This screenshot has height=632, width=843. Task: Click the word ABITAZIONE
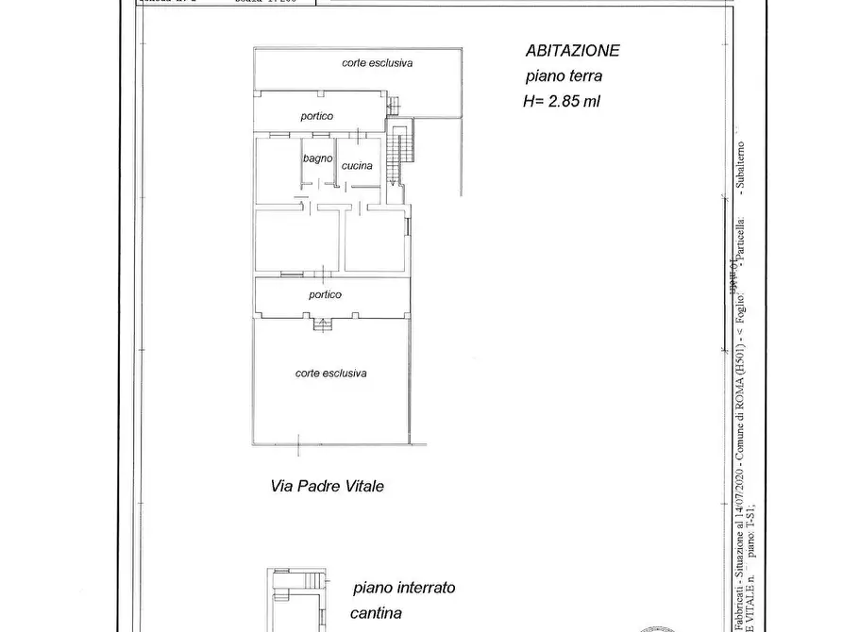click(x=573, y=51)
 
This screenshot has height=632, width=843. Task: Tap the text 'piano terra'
click(x=564, y=77)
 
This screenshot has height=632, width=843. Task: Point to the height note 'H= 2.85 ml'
click(x=562, y=102)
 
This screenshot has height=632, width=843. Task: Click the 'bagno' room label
click(x=317, y=158)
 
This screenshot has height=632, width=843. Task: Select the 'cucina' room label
click(x=357, y=166)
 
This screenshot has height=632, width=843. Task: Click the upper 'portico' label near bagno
click(x=317, y=116)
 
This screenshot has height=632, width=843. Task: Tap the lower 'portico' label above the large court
click(x=325, y=294)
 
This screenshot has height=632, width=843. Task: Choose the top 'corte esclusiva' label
click(x=378, y=63)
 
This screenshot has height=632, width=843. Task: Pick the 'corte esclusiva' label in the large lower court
click(x=330, y=373)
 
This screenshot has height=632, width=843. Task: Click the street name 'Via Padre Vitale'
click(x=326, y=487)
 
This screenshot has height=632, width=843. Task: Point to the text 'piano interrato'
click(x=404, y=588)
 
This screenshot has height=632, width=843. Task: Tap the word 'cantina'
click(x=376, y=613)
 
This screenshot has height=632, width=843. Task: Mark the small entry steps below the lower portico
click(x=324, y=324)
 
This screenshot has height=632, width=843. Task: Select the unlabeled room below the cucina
click(x=375, y=241)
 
